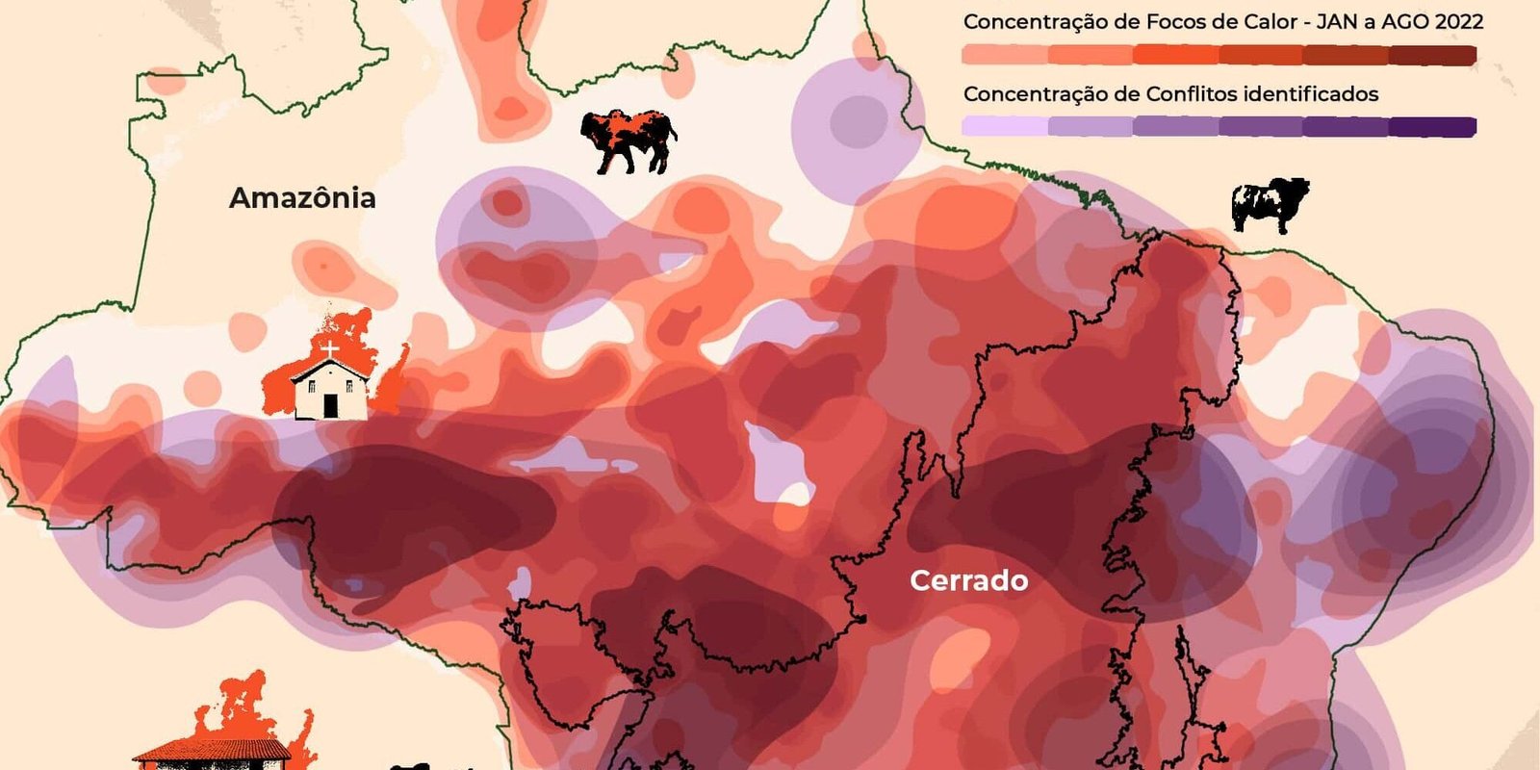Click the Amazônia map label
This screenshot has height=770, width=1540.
(x=302, y=198)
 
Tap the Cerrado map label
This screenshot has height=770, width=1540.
(x=968, y=580)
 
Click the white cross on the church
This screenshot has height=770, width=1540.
(x=330, y=349)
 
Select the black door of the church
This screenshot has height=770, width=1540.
(x=330, y=406)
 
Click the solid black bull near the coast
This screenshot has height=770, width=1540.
(x=1270, y=204)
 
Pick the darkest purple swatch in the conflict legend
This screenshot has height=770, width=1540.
(x=1433, y=126)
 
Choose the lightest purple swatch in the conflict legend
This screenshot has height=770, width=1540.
(x=1004, y=126)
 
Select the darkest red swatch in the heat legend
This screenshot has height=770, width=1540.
(x=1433, y=55)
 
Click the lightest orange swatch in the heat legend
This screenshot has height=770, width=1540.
(x=1004, y=55)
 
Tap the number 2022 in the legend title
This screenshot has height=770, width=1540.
(x=1457, y=21)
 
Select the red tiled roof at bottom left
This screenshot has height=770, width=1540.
(x=212, y=749)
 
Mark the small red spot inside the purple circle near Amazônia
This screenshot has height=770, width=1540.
(x=507, y=203)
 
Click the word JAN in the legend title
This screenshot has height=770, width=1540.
(x=1329, y=21)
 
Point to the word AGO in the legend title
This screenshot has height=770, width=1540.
(x=1402, y=21)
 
